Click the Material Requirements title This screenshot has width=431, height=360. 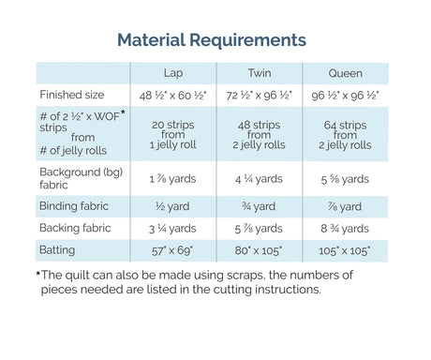[212, 40]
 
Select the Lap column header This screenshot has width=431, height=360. [173, 73]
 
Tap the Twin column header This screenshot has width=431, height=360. [260, 73]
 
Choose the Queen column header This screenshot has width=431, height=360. [345, 73]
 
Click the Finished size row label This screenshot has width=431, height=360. [72, 95]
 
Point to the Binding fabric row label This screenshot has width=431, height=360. [74, 206]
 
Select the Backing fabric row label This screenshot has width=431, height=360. [75, 228]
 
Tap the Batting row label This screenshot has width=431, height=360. [57, 250]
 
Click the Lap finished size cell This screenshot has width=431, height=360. [172, 96]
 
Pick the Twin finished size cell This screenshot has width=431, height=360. [259, 96]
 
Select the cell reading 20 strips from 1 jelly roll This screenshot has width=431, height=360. [173, 135]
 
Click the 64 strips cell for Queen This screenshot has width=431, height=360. [345, 135]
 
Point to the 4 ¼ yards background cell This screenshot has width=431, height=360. [259, 179]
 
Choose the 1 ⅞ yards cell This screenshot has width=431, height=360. [172, 179]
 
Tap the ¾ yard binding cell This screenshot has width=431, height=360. [259, 206]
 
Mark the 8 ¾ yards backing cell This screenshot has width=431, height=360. [345, 229]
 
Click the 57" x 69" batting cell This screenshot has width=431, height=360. [172, 250]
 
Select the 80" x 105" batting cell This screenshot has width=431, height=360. [259, 250]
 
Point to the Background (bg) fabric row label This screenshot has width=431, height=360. [82, 178]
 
